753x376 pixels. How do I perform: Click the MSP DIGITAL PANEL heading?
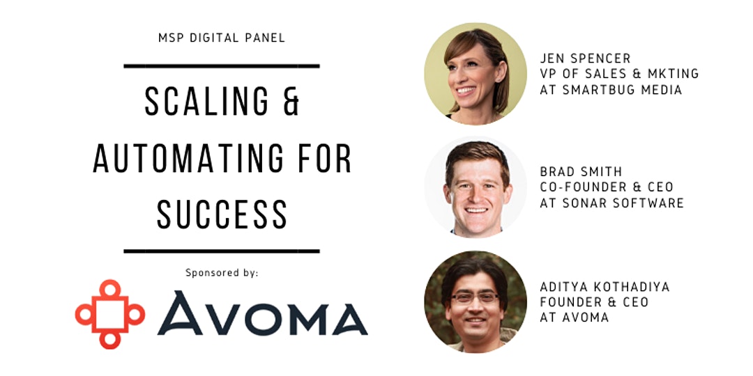pos(222,38)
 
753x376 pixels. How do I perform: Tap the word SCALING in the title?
pos(206,102)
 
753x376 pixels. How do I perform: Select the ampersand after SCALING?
pos(291,102)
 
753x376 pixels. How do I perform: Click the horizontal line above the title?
pos(222,66)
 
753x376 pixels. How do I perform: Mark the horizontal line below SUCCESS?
pos(222,251)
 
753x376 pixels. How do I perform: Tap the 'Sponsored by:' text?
pos(222,274)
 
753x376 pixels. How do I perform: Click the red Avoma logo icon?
pos(110,314)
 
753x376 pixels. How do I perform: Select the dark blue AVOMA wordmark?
pos(262,313)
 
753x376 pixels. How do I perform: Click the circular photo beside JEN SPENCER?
pos(476,73)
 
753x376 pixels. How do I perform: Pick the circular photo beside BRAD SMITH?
pos(476,187)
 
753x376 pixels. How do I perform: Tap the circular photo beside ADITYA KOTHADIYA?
pos(476,301)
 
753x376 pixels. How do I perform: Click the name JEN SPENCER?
pos(585,58)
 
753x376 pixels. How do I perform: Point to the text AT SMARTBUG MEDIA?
pos(611,90)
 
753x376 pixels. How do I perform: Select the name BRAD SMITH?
pos(581,172)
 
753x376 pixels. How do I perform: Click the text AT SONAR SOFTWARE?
pos(612,203)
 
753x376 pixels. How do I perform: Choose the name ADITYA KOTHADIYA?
pos(604,287)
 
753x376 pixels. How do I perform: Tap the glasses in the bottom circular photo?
pos(476,298)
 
